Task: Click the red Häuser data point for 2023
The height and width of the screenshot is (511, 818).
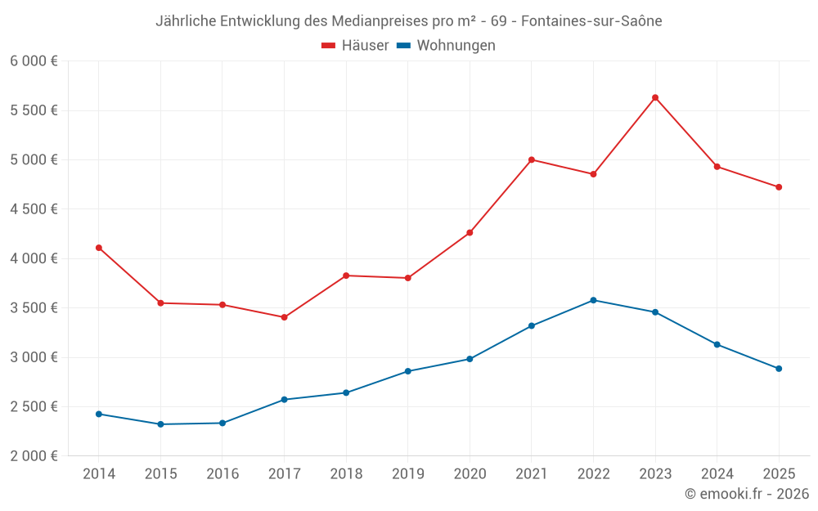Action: tap(655, 97)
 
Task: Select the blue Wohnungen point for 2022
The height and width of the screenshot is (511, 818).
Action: tap(593, 300)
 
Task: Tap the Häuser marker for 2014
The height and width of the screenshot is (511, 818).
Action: tap(99, 248)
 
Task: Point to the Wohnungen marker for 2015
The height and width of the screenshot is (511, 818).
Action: tap(160, 424)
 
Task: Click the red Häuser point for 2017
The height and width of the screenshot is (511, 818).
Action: tap(284, 317)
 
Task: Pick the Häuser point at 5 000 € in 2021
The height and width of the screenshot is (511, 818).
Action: tap(532, 159)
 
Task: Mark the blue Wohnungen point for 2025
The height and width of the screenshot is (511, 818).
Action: tap(779, 369)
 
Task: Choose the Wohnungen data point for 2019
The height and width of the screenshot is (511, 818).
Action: tap(408, 371)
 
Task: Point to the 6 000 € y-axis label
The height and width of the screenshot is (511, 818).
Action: tap(34, 61)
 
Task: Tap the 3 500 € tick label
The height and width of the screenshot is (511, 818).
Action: tap(34, 308)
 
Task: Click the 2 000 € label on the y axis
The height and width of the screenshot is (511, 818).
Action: tap(34, 456)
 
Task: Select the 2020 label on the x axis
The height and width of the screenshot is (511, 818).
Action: tap(470, 474)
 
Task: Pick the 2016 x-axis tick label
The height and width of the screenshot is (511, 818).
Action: tap(222, 474)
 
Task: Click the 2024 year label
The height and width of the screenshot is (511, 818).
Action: tap(717, 474)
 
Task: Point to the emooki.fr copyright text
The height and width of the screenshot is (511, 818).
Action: tap(746, 494)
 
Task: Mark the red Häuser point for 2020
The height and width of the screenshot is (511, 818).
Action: tap(470, 233)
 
